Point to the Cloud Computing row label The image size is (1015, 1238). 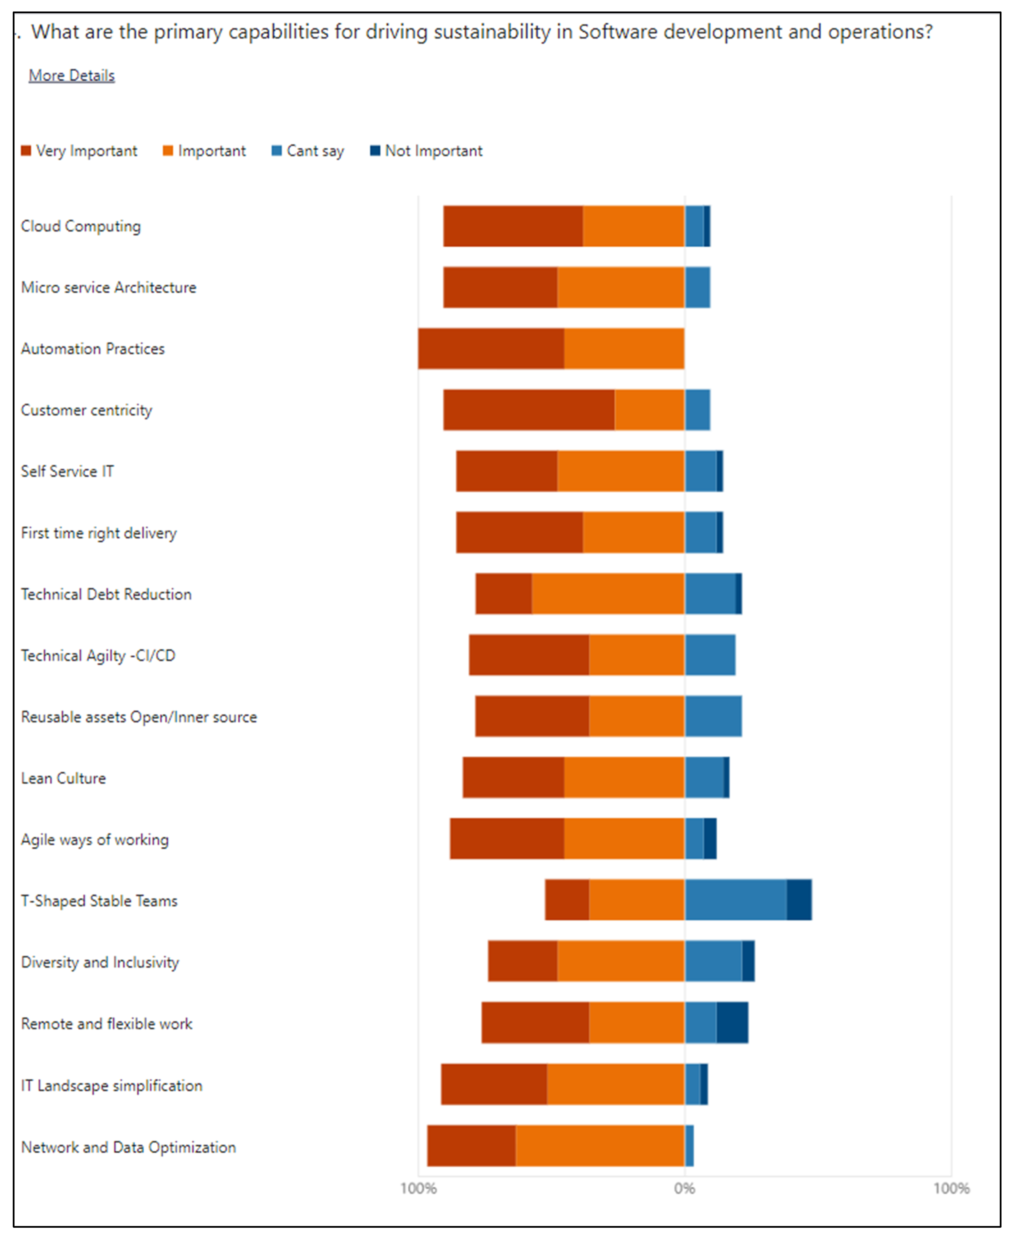81,226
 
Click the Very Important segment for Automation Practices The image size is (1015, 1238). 491,349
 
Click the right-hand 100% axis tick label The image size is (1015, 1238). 951,1188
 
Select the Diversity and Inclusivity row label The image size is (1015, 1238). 100,962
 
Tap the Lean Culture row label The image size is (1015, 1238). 63,778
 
